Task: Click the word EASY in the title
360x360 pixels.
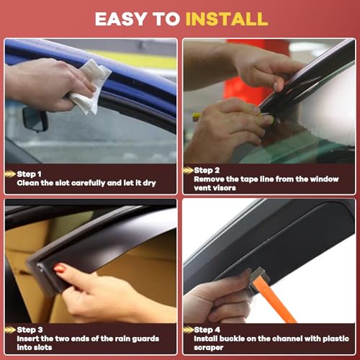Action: point(121,19)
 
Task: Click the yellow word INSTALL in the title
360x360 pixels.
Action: point(227,19)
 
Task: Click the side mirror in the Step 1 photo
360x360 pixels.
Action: point(35,120)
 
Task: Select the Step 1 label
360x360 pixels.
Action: point(29,174)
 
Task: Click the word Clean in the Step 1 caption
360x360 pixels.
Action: point(28,183)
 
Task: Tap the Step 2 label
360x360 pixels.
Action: point(207,170)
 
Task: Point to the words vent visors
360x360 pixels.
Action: point(215,188)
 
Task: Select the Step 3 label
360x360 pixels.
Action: point(30,330)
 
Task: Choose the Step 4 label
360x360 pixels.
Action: point(207,330)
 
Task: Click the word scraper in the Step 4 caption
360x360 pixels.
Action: point(209,348)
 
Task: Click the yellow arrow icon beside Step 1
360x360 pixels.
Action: point(10,174)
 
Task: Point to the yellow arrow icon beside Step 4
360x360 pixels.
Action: point(188,330)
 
